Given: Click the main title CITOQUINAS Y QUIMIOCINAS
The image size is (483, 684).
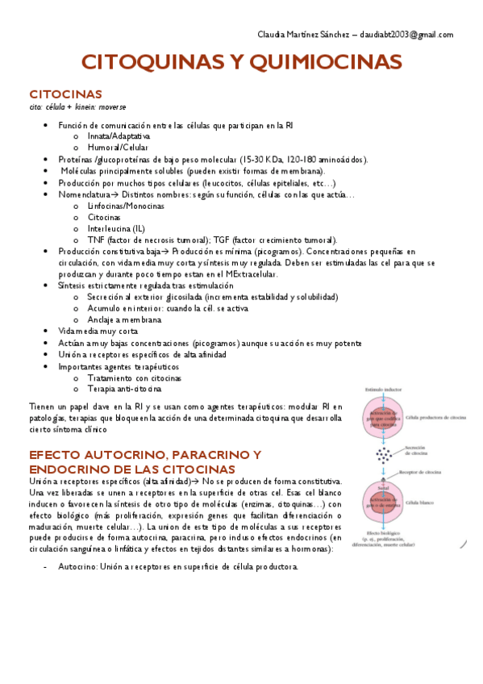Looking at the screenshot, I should pyautogui.click(x=241, y=62).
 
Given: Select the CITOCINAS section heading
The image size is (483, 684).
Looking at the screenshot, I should pyautogui.click(x=65, y=94).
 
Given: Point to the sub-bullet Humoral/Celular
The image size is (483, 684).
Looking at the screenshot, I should pyautogui.click(x=118, y=148).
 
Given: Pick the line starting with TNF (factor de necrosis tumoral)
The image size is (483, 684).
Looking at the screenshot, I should pyautogui.click(x=212, y=240).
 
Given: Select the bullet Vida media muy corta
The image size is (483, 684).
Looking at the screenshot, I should pyautogui.click(x=98, y=331).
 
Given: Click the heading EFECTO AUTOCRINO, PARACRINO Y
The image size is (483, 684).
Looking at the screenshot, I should pyautogui.click(x=144, y=455).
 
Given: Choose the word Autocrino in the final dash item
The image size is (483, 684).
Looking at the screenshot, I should pyautogui.click(x=77, y=566).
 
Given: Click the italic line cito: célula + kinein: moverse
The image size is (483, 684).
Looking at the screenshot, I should pyautogui.click(x=77, y=106).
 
